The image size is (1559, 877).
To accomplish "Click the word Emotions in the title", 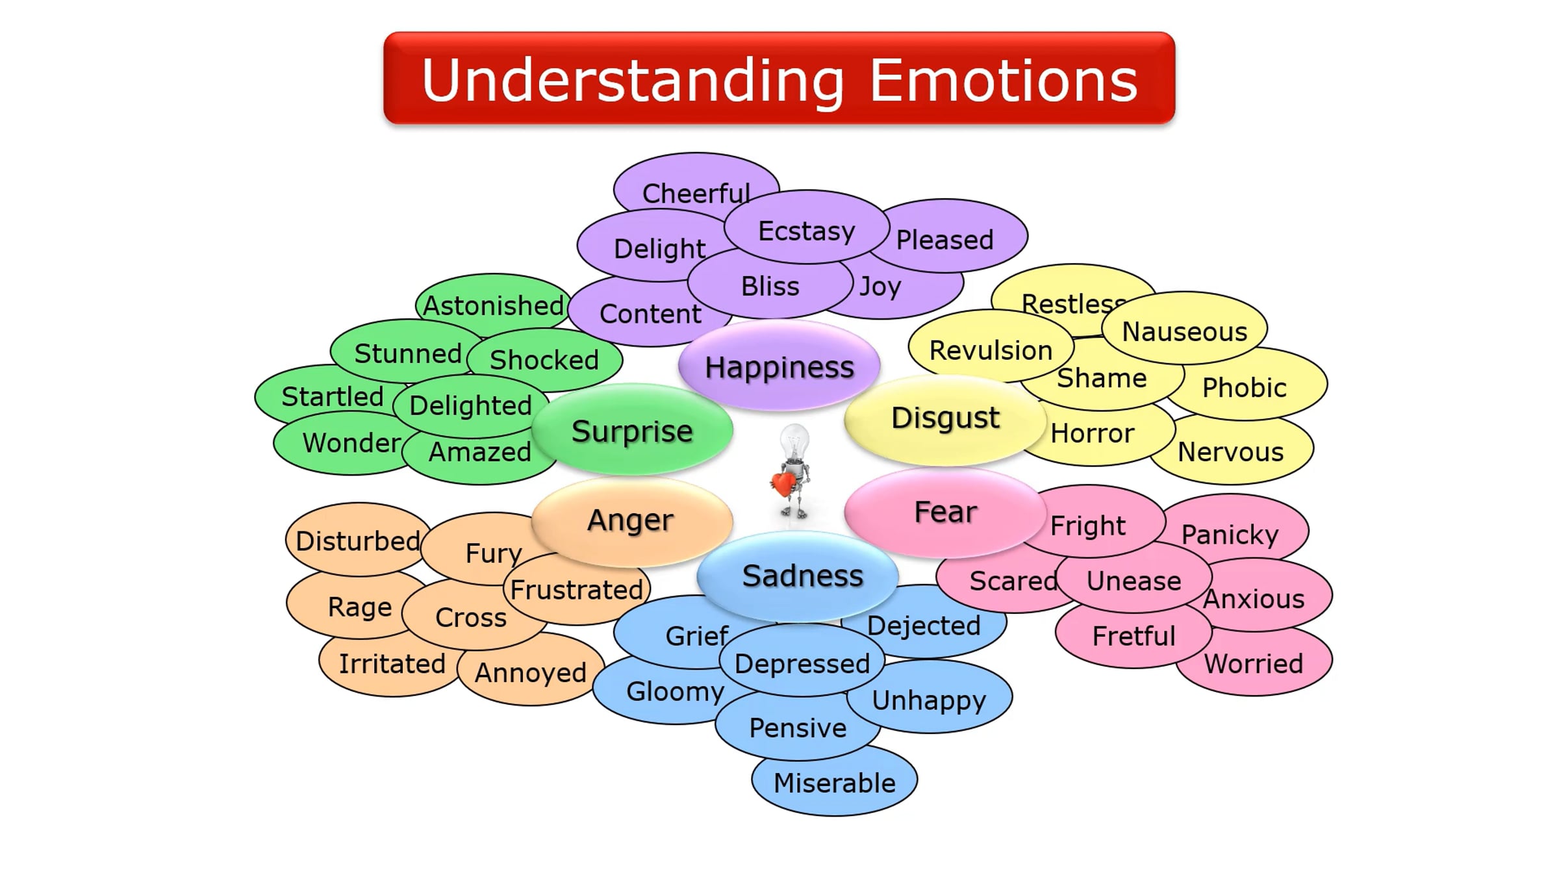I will [1004, 81].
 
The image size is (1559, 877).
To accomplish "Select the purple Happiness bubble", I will [779, 367].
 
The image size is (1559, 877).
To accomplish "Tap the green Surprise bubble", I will [632, 431].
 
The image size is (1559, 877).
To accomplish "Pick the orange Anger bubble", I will [631, 520].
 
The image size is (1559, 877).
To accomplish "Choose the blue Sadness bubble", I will [802, 576].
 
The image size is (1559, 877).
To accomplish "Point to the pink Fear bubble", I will [945, 512].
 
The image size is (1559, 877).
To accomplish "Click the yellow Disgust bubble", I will [945, 418].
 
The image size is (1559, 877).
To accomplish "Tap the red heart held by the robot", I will [783, 483].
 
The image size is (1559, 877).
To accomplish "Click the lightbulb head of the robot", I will [794, 442].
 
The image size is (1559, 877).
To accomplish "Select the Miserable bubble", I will [835, 783].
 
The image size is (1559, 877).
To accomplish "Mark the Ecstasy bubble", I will [806, 231].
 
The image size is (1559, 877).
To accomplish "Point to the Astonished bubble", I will [493, 304].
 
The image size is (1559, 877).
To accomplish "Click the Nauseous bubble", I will [1185, 331].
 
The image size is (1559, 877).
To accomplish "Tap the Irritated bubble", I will [392, 664].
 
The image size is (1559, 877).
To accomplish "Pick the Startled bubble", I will [331, 396].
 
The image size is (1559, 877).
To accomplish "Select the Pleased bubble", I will [945, 240].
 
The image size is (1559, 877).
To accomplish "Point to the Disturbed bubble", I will [357, 540].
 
